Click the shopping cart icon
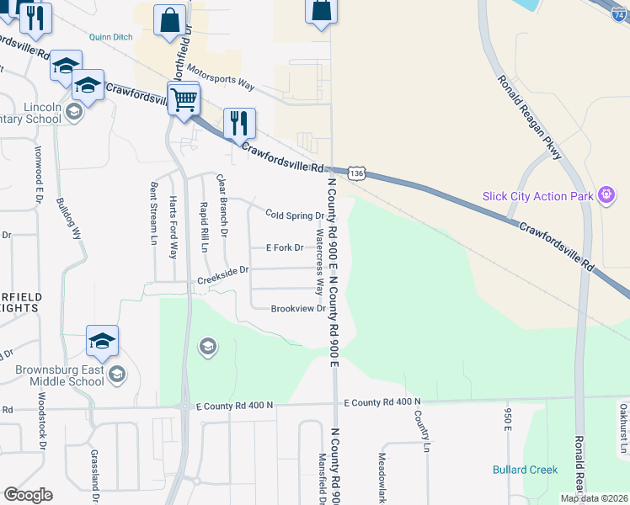click(184, 99)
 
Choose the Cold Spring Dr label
click(295, 215)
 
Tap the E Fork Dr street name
click(284, 247)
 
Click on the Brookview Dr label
click(298, 309)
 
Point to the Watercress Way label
click(319, 261)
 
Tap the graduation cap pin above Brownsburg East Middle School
click(102, 341)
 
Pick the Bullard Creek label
click(525, 470)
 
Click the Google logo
click(28, 495)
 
